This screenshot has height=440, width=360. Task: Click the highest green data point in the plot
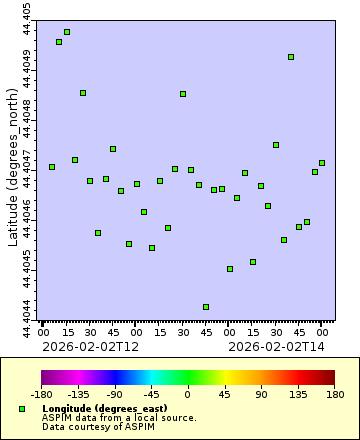67,32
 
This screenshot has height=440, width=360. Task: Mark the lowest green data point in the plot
206,307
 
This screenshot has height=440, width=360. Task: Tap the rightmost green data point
322,163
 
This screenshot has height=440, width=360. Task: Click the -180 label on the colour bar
41,396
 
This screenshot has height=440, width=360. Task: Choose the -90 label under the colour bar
115,396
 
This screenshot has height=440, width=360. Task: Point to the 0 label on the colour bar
188,396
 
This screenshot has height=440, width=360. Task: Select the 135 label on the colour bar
298,396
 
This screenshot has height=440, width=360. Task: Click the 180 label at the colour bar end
334,396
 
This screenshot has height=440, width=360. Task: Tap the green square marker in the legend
22,410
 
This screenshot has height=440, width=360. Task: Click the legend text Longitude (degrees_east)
99,409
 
